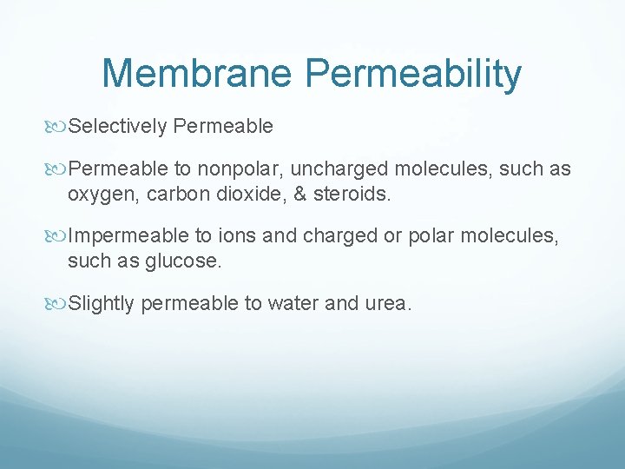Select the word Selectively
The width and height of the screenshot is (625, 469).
(117, 127)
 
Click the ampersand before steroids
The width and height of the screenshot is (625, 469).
(299, 195)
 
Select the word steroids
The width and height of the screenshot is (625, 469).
(352, 195)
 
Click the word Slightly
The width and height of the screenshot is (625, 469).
(101, 305)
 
